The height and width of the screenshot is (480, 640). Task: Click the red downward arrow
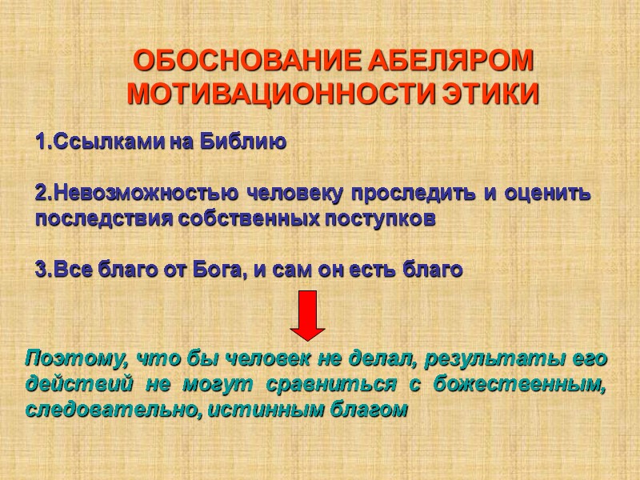tap(306, 314)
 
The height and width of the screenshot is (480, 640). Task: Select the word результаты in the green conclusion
tap(491, 357)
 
